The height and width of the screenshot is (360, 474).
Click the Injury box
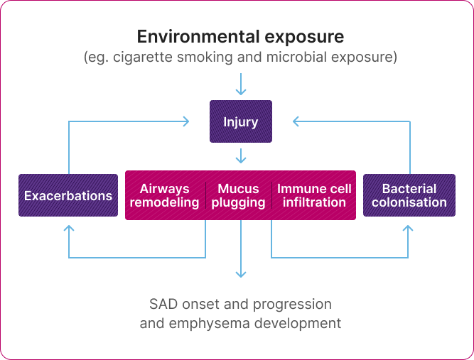[240, 122]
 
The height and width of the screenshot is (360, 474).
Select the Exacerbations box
[68, 195]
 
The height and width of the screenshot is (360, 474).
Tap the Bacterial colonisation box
[409, 195]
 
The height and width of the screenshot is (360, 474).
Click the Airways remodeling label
[165, 195]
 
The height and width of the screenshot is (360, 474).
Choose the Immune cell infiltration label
[314, 195]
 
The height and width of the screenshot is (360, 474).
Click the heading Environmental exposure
[240, 36]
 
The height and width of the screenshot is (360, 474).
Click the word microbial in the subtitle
[301, 57]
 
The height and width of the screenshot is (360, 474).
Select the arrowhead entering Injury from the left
[186, 122]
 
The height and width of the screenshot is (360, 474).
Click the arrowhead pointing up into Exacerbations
[68, 229]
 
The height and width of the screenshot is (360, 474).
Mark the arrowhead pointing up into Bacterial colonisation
[409, 229]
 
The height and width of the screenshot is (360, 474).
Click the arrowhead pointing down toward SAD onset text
[241, 274]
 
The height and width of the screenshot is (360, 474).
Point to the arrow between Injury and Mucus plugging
[241, 156]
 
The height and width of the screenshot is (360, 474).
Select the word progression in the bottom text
[294, 305]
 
